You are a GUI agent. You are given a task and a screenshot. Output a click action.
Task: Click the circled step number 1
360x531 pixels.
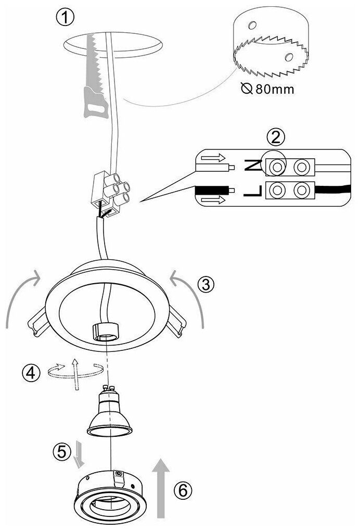(66, 17)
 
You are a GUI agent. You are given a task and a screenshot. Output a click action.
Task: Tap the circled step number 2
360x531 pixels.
(276, 137)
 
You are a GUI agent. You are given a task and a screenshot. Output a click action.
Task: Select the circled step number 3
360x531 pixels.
(206, 284)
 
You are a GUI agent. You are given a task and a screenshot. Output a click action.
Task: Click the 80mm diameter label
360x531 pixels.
(268, 89)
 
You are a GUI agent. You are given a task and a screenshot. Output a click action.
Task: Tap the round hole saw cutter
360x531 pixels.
(271, 44)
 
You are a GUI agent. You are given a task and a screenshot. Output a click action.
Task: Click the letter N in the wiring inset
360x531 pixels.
(251, 166)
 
